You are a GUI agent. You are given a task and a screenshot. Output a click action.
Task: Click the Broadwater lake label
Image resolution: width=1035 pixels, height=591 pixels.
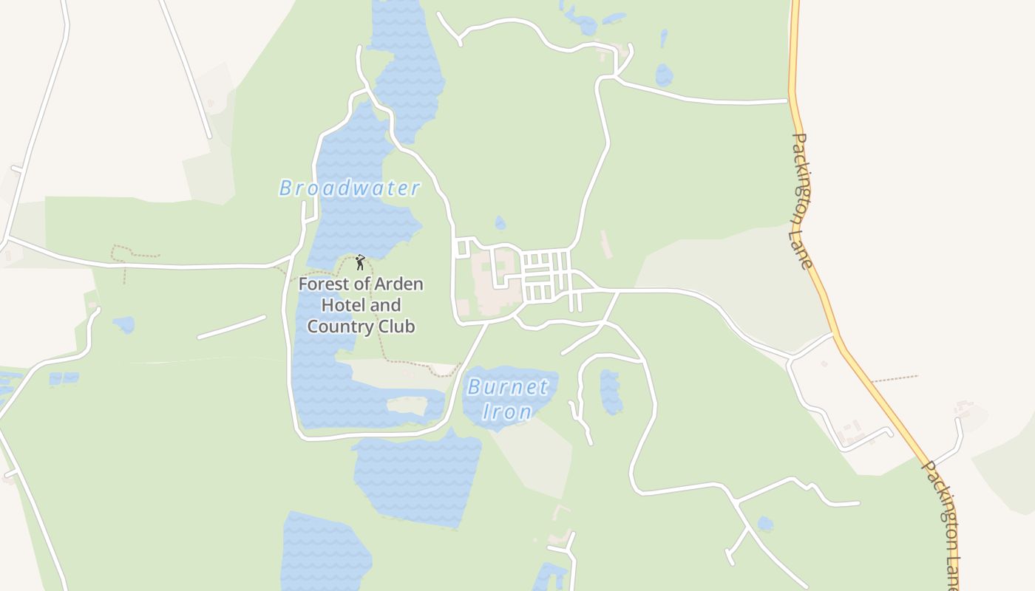[350, 188]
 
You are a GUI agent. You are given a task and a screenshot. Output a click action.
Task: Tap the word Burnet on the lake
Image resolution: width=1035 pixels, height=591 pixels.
[508, 386]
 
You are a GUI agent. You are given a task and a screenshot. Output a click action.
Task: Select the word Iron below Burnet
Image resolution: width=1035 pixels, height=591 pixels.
[507, 411]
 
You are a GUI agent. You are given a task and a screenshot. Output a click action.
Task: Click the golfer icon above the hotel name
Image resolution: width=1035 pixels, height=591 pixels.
[360, 262]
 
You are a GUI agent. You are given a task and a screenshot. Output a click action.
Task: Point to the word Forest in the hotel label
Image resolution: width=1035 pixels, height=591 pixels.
[323, 284]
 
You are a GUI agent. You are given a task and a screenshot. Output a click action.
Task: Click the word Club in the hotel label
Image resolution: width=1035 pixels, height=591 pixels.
[395, 327]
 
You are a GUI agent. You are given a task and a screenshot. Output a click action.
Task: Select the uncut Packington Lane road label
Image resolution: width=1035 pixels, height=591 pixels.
[801, 201]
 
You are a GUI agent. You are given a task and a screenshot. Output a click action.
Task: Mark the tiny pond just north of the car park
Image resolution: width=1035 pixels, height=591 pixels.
[500, 223]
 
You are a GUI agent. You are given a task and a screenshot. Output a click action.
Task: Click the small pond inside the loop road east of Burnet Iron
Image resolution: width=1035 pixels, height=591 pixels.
[610, 392]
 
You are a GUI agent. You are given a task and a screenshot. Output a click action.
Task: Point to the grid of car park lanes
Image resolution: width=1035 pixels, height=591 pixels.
[547, 276]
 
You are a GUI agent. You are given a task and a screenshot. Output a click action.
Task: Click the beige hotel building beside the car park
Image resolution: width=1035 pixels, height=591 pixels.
[491, 281]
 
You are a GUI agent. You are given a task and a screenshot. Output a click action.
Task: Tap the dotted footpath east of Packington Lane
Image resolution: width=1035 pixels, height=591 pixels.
[895, 379]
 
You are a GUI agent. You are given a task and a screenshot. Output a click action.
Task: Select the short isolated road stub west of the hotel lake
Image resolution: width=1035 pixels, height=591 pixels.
[231, 327]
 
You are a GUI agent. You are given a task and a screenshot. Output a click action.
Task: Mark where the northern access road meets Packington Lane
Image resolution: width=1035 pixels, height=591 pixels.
[789, 100]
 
